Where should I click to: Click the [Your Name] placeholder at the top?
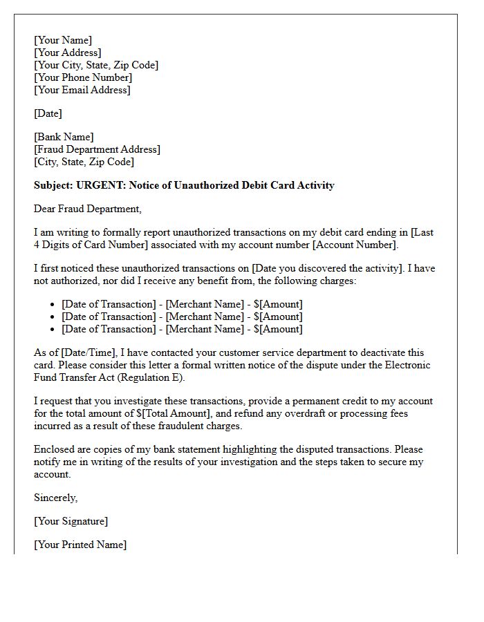63,40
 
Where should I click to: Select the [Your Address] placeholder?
67,53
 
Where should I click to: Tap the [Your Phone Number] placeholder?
83,77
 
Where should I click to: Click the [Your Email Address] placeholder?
82,90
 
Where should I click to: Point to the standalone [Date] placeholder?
48,113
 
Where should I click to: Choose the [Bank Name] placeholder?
64,137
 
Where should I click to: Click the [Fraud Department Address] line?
97,149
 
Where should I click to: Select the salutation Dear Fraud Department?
87,209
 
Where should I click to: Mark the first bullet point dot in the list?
53,305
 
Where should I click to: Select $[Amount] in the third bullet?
278,329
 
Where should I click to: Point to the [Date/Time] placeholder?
87,352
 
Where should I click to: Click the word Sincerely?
55,498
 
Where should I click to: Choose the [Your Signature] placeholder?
71,521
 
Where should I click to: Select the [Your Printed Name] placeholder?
80,545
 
